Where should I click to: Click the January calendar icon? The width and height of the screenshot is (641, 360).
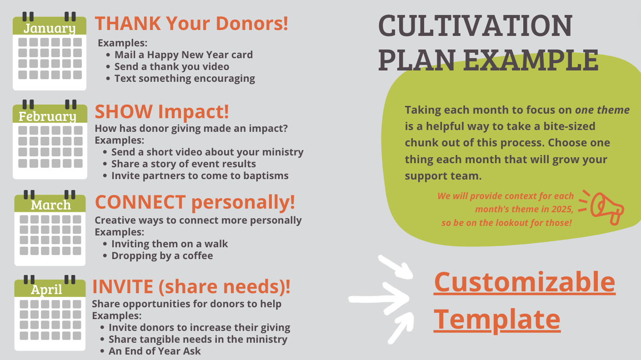50,51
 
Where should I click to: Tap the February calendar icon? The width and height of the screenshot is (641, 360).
50,140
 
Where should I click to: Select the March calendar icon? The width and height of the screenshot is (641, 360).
50,228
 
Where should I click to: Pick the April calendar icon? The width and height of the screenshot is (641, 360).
50,313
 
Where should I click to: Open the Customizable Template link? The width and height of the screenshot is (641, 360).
524,301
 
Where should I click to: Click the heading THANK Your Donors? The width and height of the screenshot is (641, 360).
191,23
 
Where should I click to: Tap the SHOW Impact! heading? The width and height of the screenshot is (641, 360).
162,111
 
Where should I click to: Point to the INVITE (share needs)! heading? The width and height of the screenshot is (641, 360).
191,287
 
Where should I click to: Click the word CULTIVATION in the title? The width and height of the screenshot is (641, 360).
476,26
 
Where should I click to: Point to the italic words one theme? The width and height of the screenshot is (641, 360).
602,110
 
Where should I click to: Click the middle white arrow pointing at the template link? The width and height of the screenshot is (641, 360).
379,299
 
